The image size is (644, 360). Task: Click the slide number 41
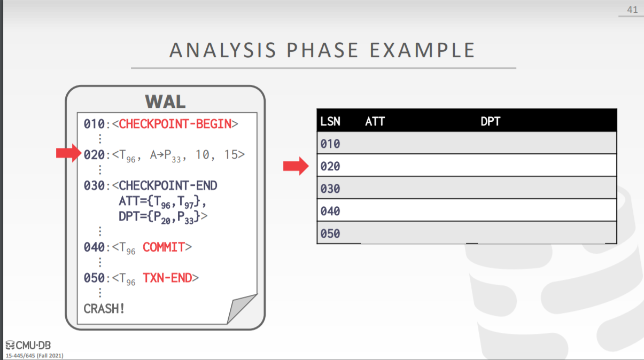pos(632,10)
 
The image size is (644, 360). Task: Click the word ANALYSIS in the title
pos(223,50)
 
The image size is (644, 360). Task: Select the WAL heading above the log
pos(165,101)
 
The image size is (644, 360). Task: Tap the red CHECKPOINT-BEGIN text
pos(175,124)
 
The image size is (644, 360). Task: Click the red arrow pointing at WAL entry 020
pos(69,153)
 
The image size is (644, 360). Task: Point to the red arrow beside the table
pos(296,166)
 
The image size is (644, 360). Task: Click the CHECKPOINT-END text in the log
pos(168,185)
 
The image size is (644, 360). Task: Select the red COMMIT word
pos(164,247)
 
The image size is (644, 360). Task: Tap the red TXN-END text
pos(167,278)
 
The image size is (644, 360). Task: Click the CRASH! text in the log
pos(104,309)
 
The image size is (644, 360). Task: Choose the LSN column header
pos(330,122)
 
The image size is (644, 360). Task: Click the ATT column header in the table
pos(375,122)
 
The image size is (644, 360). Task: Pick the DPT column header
pos(491,122)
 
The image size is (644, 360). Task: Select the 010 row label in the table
pos(330,144)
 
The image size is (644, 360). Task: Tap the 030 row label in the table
pos(330,189)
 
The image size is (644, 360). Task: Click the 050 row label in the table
pos(330,233)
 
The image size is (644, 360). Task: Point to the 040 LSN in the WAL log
pos(94,247)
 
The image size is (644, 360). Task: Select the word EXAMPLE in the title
pos(422,50)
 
